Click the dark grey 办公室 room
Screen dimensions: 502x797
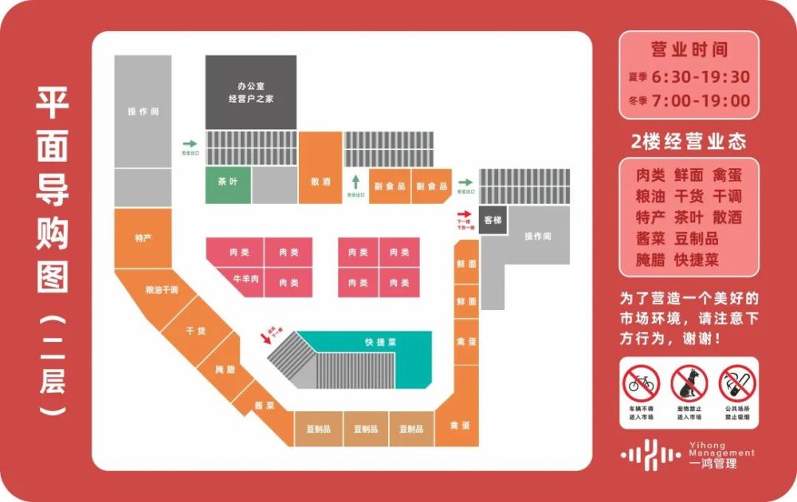click(251, 92)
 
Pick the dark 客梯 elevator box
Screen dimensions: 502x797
click(493, 219)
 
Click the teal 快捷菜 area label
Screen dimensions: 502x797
click(381, 343)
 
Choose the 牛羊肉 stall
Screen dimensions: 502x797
click(241, 279)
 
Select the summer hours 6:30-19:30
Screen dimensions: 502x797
click(701, 77)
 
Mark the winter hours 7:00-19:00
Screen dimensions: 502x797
click(701, 101)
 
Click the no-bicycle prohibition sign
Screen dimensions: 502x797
click(642, 384)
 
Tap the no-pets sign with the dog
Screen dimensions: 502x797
click(689, 384)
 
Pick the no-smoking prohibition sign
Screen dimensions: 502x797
click(736, 384)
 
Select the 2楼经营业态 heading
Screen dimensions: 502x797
click(689, 142)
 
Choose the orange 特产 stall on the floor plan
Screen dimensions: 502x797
click(143, 238)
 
